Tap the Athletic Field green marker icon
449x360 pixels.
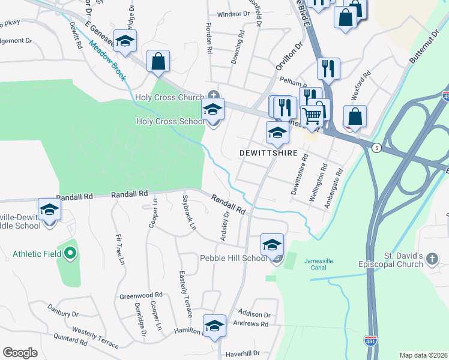click(70, 254)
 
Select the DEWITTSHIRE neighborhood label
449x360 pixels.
click(268, 154)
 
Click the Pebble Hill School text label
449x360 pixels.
click(233, 258)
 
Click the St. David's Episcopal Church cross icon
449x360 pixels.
click(433, 258)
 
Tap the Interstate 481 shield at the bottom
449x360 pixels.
click(370, 341)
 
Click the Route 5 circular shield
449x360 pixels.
click(376, 148)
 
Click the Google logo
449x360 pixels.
click(20, 353)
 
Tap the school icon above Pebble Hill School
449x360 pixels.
click(272, 245)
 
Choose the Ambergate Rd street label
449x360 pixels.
click(333, 188)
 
